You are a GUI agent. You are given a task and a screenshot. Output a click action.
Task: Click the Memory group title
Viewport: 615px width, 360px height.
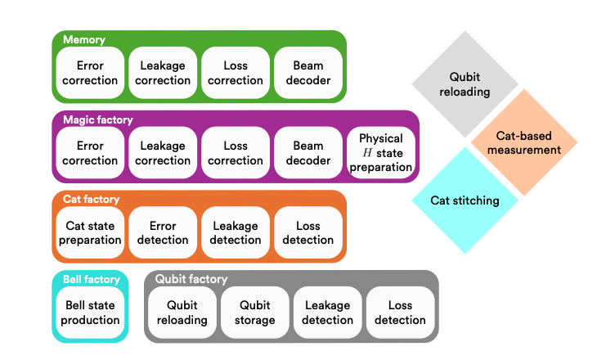point(84,39)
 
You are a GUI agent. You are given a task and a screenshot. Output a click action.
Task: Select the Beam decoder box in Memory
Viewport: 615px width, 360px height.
point(307,73)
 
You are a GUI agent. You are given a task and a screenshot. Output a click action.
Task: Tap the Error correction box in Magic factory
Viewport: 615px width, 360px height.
point(90,153)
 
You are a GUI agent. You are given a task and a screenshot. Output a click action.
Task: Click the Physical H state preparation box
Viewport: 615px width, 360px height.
point(380,153)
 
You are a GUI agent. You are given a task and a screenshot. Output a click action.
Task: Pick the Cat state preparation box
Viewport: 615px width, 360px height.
point(90,233)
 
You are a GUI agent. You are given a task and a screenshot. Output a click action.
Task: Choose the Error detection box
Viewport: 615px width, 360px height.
point(163,233)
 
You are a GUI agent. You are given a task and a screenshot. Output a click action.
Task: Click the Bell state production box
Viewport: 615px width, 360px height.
point(90,313)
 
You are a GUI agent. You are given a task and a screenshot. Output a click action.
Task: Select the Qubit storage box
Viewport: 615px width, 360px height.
point(254,313)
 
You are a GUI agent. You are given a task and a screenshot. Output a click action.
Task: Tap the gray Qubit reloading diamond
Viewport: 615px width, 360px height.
point(465,84)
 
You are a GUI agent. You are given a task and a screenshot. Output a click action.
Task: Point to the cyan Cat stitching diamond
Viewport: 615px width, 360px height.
point(465,200)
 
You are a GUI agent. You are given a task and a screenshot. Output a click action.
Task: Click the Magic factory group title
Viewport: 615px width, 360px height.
point(98,119)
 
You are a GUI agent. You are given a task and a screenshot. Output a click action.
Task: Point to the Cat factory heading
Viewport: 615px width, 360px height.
point(92,199)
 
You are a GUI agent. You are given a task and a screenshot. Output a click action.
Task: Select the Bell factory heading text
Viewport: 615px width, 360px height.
point(92,279)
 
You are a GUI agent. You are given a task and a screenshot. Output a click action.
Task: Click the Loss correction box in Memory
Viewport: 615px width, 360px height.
point(236,73)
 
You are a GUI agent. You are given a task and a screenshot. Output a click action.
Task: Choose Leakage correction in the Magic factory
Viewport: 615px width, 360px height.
point(163,153)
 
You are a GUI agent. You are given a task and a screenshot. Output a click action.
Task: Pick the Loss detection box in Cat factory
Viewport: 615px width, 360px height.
point(308,233)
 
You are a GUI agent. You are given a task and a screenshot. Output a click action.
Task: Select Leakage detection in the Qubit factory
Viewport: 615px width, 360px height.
point(327,313)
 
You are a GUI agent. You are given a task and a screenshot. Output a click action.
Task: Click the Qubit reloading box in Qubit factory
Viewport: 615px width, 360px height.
point(182,313)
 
